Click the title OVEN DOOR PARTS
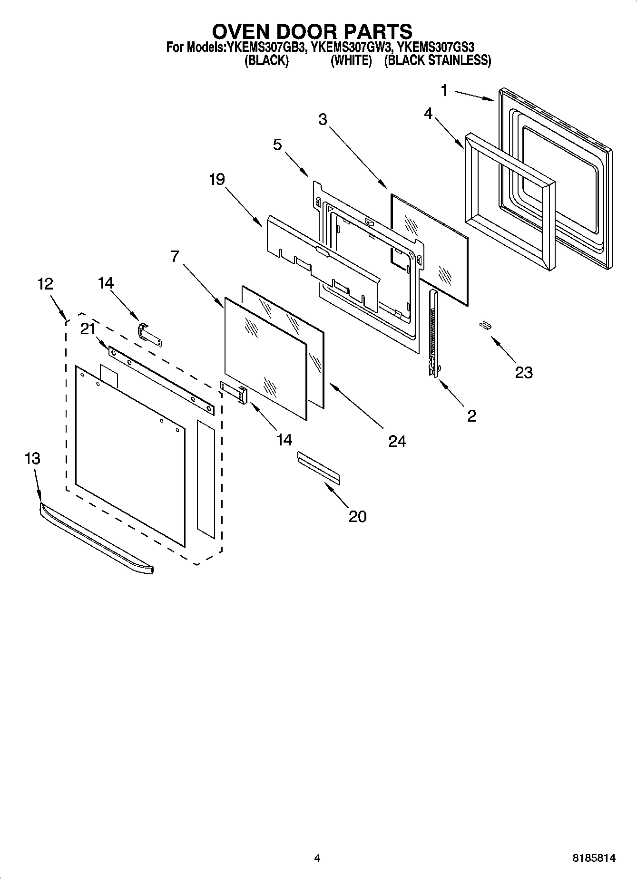tap(312, 31)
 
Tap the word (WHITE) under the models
tap(351, 61)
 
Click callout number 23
tap(523, 372)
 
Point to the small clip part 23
tap(485, 325)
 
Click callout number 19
tap(216, 180)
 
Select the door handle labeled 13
tap(96, 537)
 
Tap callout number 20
tap(357, 517)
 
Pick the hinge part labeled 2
tap(433, 333)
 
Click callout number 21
tap(88, 329)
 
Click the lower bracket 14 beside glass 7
tap(235, 391)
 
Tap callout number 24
tap(397, 442)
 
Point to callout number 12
tap(45, 284)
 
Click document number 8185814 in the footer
tap(593, 858)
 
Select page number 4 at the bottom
tap(317, 858)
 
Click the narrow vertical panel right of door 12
tap(206, 479)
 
